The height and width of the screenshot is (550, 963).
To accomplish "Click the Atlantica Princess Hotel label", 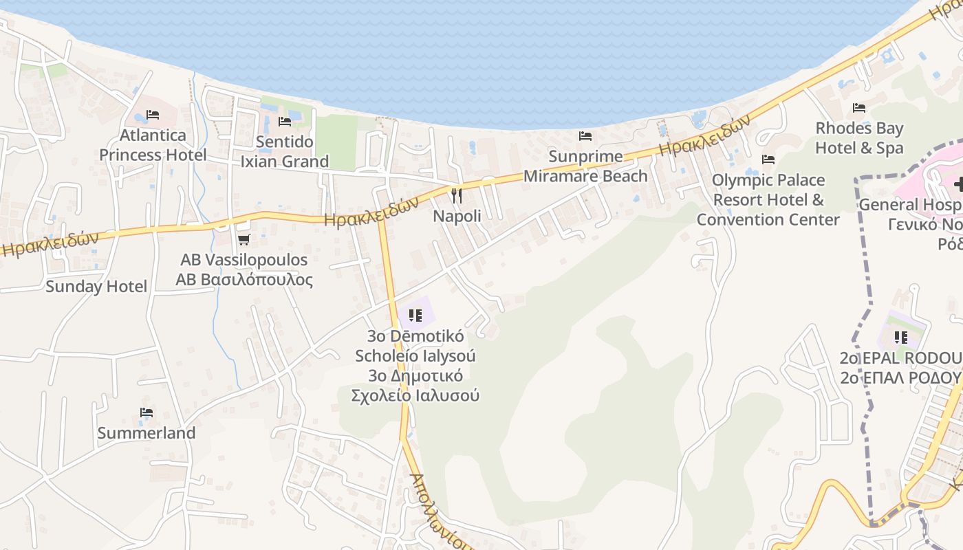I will point(153,145).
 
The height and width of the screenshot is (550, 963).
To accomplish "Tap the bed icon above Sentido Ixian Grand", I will point(285,122).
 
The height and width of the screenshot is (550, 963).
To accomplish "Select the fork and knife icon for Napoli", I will point(456,195).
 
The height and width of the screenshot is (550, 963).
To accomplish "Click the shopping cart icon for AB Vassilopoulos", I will point(244,239).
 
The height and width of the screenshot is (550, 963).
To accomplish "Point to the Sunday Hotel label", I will point(96,287).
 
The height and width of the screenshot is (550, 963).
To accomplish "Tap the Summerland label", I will point(147,433).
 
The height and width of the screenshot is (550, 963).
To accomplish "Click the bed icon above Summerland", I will point(147,412).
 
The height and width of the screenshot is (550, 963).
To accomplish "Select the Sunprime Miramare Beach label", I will point(585,166).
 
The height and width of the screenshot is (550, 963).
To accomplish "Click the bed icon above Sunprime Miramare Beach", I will point(585,136).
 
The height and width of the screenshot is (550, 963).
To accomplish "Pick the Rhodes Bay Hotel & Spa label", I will point(859,138).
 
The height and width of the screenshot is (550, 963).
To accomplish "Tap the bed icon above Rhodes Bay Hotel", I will point(859,108).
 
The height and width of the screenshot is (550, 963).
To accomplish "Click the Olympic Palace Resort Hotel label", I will point(768,199).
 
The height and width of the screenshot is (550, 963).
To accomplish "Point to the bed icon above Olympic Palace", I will point(768,159).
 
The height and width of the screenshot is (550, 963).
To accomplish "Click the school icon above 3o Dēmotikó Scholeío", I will point(415,316).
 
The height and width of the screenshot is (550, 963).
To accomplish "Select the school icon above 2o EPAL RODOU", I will point(900,338).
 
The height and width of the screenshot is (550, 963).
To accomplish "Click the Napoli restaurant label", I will point(457,216).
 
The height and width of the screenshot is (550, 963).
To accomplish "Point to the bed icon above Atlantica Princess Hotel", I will point(153,115).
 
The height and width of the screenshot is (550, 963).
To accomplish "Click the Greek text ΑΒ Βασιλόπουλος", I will point(244,280).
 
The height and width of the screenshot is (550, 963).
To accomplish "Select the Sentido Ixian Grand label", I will point(285,152).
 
